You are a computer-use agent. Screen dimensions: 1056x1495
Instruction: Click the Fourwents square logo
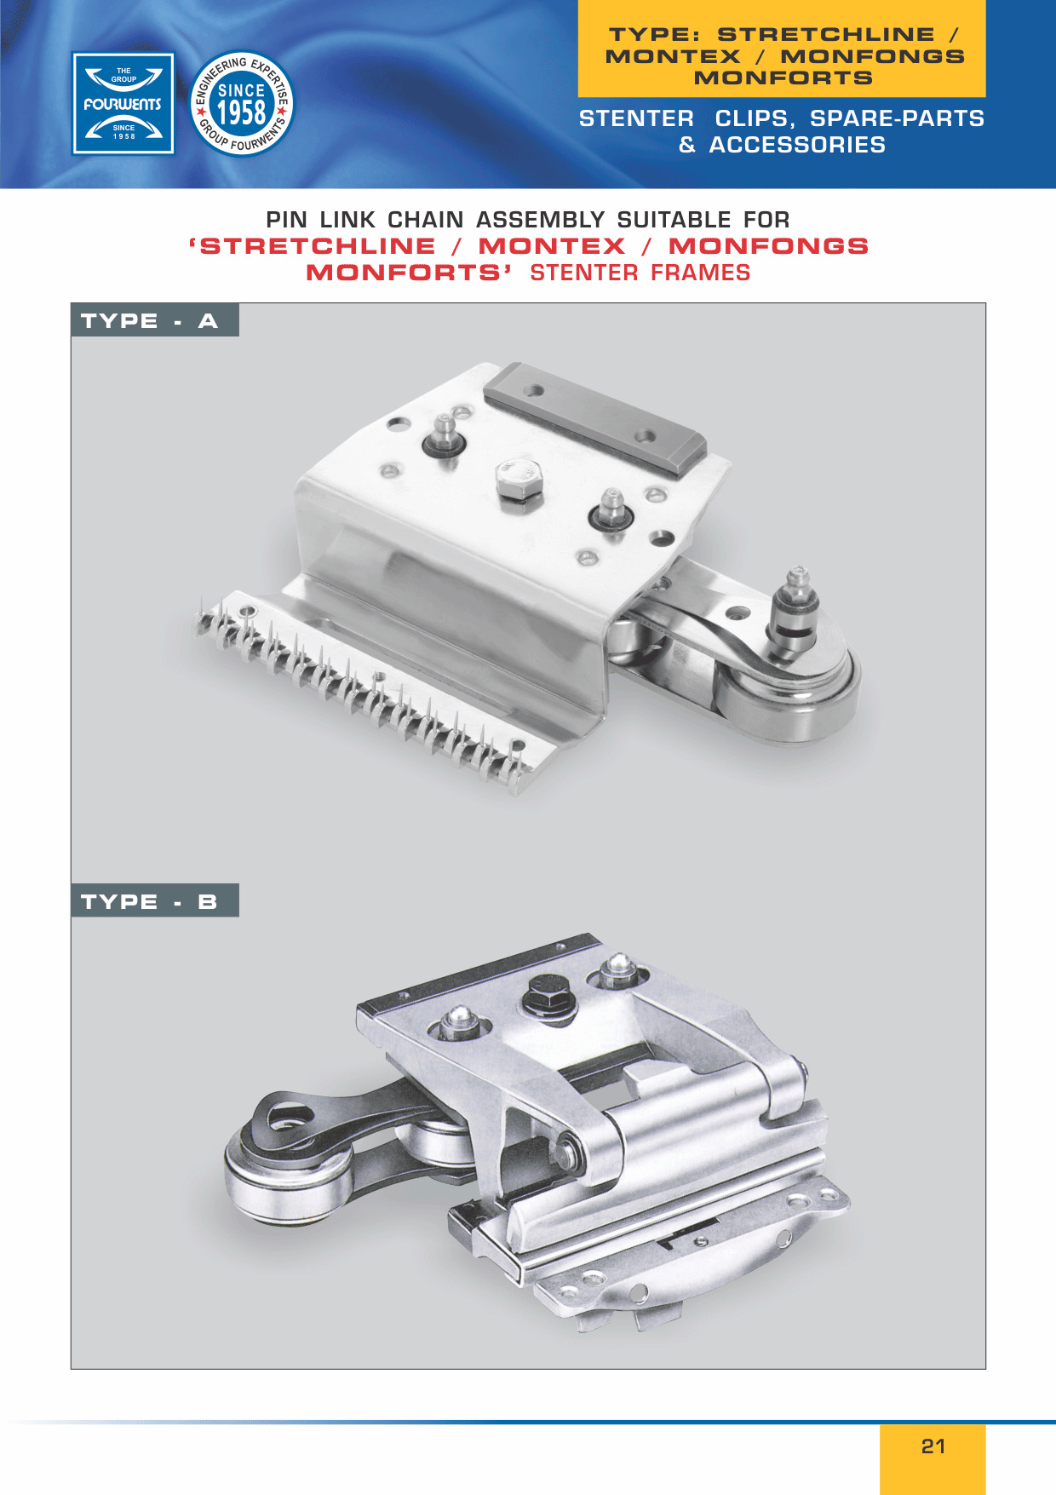[123, 104]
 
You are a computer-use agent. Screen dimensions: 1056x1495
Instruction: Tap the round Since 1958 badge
[242, 104]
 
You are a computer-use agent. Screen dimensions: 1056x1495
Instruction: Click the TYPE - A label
[154, 320]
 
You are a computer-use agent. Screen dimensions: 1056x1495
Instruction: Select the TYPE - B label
[154, 900]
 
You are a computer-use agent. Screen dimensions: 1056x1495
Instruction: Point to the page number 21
[933, 1446]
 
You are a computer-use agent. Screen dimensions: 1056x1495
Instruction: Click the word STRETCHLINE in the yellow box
[826, 34]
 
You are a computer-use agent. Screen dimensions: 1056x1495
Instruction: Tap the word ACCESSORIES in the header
[797, 145]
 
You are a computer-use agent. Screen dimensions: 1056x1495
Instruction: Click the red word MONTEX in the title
[552, 246]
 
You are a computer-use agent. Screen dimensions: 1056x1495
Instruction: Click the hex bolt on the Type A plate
[518, 480]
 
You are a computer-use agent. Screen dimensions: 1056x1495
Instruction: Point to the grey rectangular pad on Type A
[594, 417]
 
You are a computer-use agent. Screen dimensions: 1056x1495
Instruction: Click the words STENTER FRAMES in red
[640, 273]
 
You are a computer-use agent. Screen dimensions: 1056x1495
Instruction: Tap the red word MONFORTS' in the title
[409, 273]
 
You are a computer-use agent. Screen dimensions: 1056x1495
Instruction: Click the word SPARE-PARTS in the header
[897, 118]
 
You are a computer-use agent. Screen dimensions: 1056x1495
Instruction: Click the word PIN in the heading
[286, 220]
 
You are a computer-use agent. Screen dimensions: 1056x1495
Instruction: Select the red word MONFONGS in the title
[768, 246]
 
